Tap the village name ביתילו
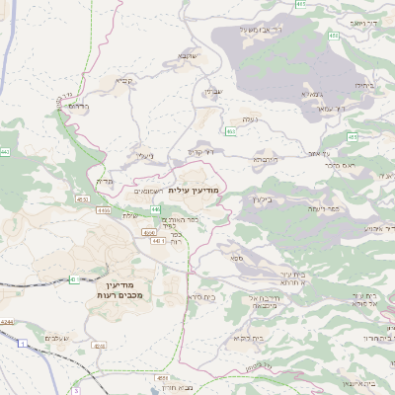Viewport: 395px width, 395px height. point(364,86)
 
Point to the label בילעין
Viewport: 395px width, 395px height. point(262,198)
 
